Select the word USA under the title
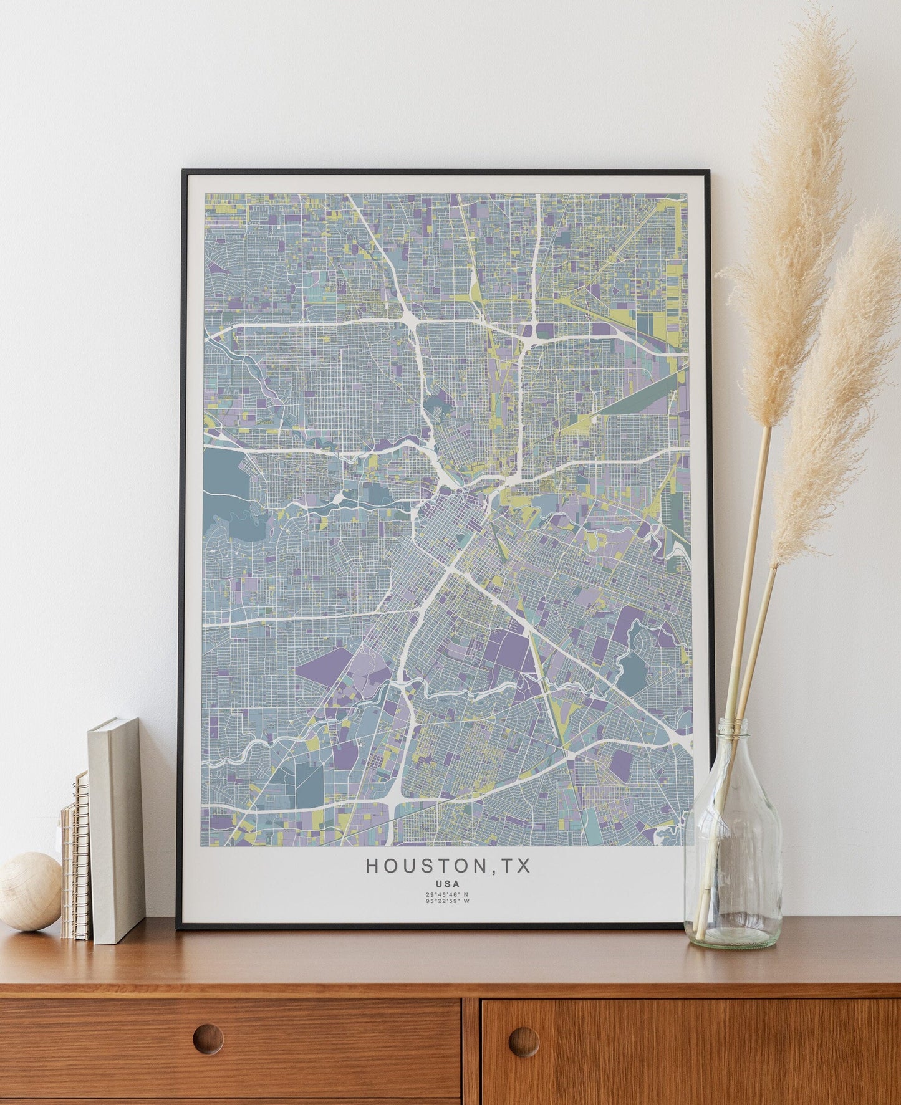(x=448, y=884)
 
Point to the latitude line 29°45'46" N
(x=448, y=894)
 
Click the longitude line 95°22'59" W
(x=448, y=901)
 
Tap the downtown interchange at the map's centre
(x=448, y=480)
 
